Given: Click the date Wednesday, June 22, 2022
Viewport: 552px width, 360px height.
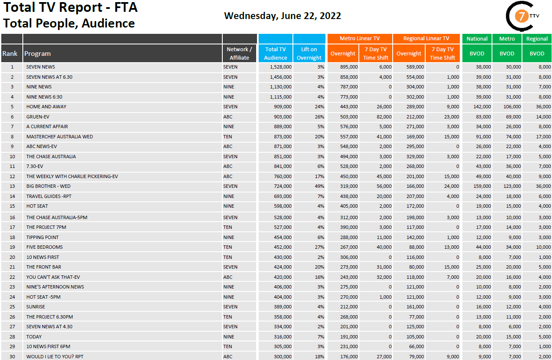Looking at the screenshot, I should (x=282, y=16).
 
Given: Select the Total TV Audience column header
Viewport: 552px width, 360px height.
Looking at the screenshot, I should (x=275, y=53).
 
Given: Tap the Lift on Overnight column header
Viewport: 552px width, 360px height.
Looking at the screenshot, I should (x=309, y=53).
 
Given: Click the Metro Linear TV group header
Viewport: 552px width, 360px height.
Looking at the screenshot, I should (x=359, y=38).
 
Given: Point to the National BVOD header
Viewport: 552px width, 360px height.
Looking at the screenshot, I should (x=477, y=39).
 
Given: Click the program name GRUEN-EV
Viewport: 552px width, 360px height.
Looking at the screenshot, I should (x=38, y=117).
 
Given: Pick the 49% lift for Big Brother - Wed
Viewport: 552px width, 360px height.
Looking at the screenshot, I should (x=319, y=186).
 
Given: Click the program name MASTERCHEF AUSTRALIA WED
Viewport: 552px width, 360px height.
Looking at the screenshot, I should (x=60, y=137).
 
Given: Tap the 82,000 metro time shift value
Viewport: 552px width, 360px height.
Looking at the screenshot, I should (x=383, y=117).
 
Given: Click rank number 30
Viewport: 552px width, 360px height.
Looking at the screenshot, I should (x=12, y=357).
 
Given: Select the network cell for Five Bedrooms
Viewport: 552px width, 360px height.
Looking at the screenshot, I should (x=228, y=247).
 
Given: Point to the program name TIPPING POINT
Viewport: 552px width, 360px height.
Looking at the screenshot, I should (x=42, y=237).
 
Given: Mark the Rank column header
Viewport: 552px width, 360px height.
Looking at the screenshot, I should (x=10, y=53).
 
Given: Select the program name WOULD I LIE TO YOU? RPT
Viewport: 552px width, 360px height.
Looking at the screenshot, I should (x=55, y=357).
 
